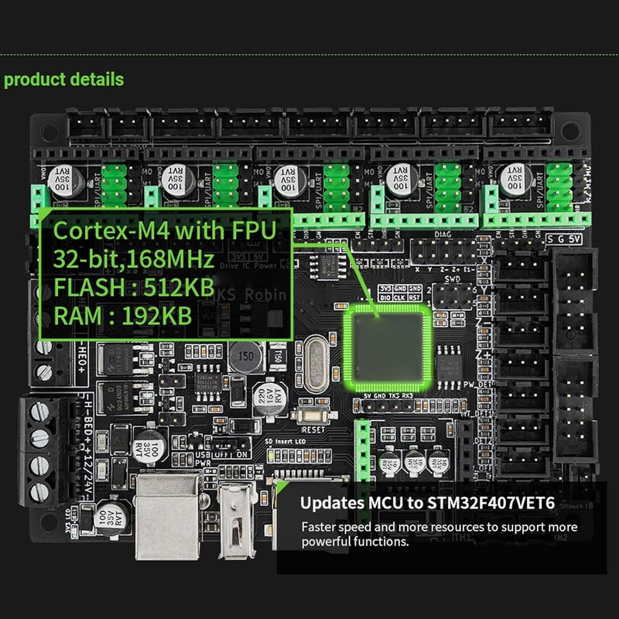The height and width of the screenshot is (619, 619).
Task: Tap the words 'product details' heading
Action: tap(63, 79)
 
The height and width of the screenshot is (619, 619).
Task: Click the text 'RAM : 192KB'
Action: tap(125, 317)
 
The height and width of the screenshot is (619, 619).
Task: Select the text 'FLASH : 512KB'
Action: tap(132, 288)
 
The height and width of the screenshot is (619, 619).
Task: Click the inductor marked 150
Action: tap(247, 358)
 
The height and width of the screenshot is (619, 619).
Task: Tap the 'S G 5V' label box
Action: tap(565, 239)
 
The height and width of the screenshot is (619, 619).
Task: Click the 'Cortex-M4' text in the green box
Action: tap(101, 230)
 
